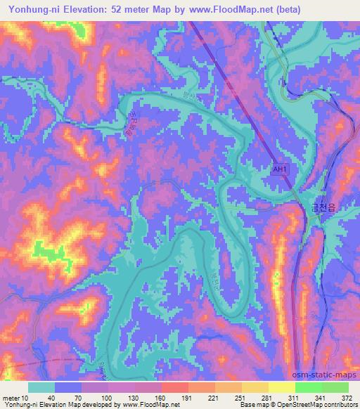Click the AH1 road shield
coord(281,170)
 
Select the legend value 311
coord(295,397)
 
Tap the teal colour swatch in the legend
coord(41,387)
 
